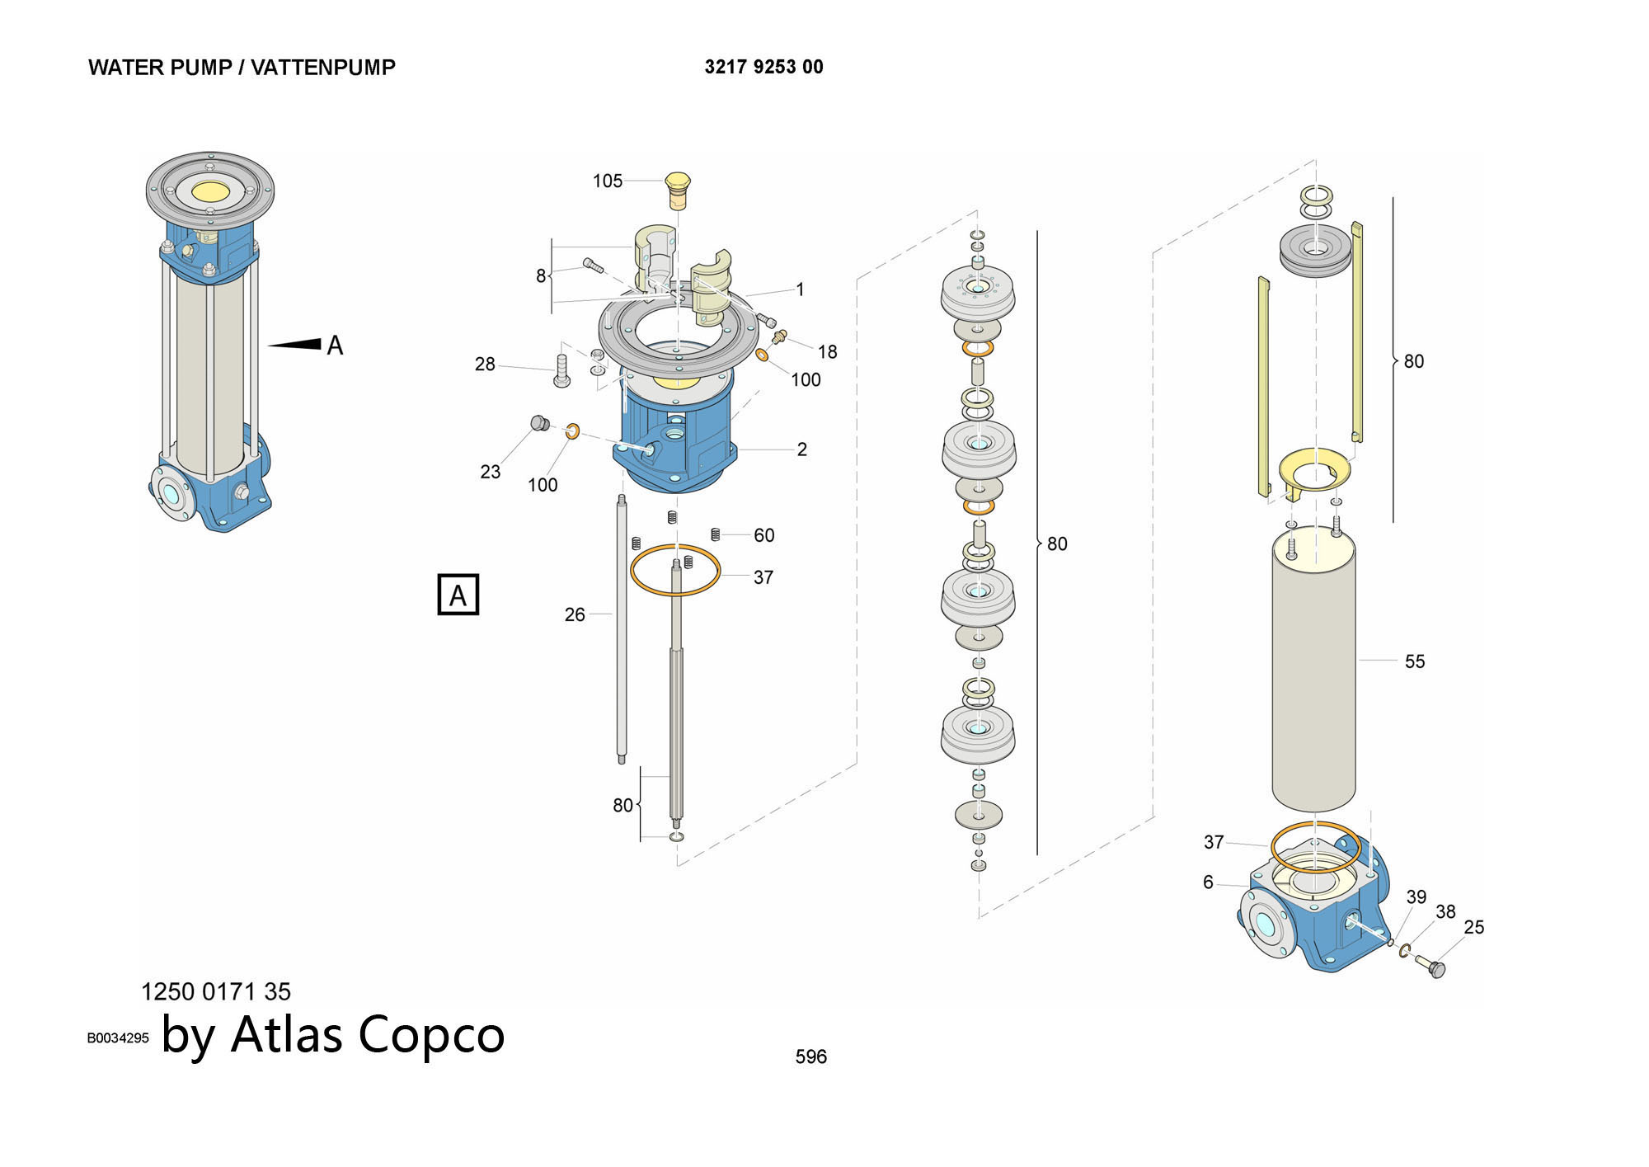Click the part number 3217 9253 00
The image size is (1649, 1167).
(763, 67)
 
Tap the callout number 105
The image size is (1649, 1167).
(608, 181)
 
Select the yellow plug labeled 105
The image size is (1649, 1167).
(678, 191)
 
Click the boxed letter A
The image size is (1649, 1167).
(458, 595)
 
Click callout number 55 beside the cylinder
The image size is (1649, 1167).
(1414, 661)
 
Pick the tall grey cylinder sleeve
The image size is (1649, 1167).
(1313, 668)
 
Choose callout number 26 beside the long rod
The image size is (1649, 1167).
(575, 614)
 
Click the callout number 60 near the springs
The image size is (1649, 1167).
(763, 535)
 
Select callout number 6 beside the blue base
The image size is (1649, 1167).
(1208, 882)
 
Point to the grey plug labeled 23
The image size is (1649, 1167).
(540, 424)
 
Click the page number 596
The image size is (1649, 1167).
(810, 1056)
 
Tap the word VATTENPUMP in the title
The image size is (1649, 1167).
(323, 68)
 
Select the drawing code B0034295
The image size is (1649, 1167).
(118, 1038)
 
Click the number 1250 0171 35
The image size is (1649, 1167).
(216, 991)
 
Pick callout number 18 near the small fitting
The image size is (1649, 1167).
(827, 352)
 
